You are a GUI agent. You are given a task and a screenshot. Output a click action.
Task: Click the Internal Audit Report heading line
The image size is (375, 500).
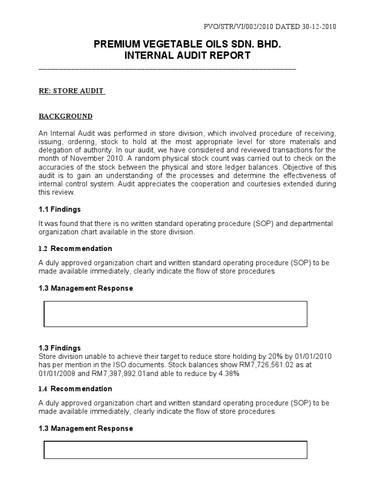click(x=187, y=56)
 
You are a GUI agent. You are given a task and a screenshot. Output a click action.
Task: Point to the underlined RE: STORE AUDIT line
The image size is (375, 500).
click(x=72, y=91)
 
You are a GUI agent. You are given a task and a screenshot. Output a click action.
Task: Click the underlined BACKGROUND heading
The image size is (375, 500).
click(x=65, y=116)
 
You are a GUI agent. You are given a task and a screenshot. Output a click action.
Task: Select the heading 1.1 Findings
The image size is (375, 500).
click(x=60, y=209)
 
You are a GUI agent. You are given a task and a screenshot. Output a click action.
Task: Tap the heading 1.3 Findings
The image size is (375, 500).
click(x=60, y=348)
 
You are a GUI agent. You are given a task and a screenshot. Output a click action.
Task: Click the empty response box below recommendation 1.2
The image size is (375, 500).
click(x=175, y=314)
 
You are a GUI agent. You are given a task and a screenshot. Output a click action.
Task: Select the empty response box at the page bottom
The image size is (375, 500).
click(x=175, y=450)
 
